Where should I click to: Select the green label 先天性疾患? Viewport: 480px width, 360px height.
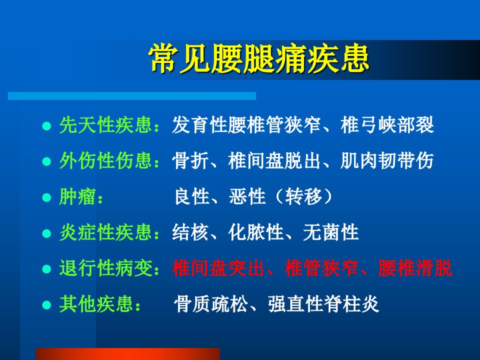[x=105, y=125]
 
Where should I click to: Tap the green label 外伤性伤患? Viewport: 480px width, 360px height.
[x=105, y=160]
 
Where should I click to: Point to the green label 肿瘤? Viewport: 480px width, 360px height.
[x=78, y=196]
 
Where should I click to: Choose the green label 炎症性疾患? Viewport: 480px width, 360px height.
[x=105, y=232]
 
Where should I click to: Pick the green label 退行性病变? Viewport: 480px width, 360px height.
[x=105, y=268]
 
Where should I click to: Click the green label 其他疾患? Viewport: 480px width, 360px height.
[x=96, y=304]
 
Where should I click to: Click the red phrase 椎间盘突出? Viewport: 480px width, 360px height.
[x=218, y=268]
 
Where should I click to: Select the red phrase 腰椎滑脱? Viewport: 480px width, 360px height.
[x=415, y=268]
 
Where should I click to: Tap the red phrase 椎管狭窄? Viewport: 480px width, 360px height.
[x=321, y=268]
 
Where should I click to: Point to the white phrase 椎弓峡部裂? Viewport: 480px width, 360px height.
[x=387, y=125]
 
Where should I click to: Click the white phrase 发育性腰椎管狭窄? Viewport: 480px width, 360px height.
[x=246, y=125]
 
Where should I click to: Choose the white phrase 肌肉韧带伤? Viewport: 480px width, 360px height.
[x=387, y=160]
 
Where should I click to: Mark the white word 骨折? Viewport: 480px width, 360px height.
[x=190, y=160]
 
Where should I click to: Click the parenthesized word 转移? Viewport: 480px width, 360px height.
[x=303, y=196]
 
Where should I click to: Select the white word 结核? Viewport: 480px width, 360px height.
[x=190, y=232]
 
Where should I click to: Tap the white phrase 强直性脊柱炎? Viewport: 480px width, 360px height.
[x=323, y=304]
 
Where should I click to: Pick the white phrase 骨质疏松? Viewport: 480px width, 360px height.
[x=211, y=304]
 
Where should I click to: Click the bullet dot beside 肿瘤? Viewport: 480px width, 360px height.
[x=46, y=197]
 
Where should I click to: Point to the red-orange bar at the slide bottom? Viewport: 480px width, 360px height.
[x=128, y=354]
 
